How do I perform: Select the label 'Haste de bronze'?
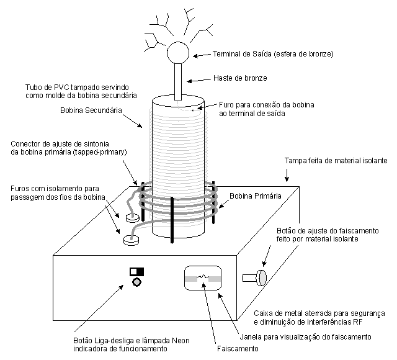click(241, 79)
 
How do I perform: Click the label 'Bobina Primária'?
click(256, 196)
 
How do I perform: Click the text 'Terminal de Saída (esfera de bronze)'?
click(274, 54)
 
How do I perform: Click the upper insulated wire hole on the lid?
click(132, 218)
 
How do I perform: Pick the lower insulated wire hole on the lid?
click(129, 238)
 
